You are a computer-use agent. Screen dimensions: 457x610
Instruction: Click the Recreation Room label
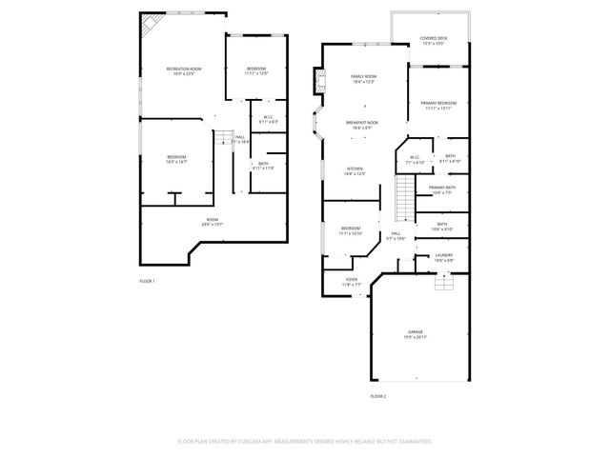[184, 70]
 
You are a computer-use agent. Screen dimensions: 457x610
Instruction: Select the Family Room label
[363, 77]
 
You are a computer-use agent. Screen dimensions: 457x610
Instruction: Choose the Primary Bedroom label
[438, 105]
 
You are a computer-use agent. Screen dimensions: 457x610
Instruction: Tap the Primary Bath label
[441, 189]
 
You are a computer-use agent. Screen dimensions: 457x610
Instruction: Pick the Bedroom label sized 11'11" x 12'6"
[256, 70]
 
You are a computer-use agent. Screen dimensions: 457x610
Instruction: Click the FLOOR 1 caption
[147, 281]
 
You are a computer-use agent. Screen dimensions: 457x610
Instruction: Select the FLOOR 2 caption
[378, 395]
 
